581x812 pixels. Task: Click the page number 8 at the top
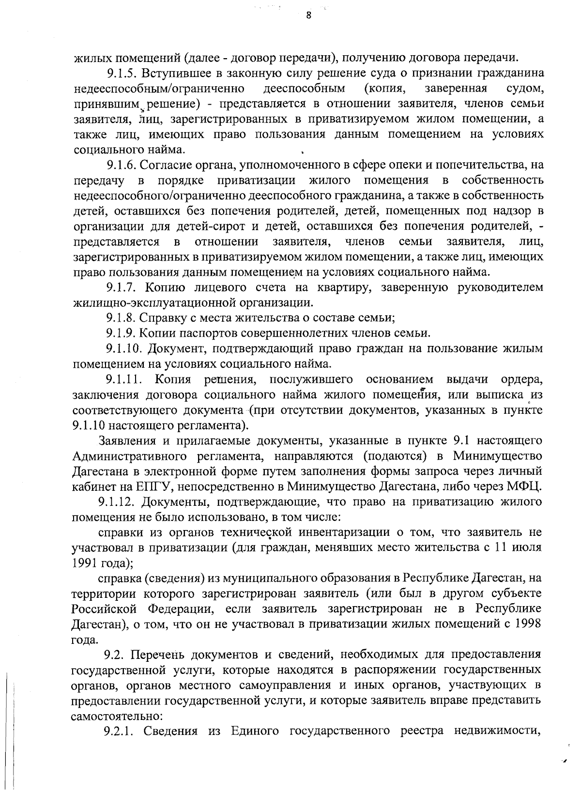click(308, 15)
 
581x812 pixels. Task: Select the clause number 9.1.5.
click(121, 74)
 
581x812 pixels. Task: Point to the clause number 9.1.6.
click(121, 165)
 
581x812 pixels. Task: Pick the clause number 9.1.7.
click(121, 288)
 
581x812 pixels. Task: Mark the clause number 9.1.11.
click(123, 379)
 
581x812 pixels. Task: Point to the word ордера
click(522, 379)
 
